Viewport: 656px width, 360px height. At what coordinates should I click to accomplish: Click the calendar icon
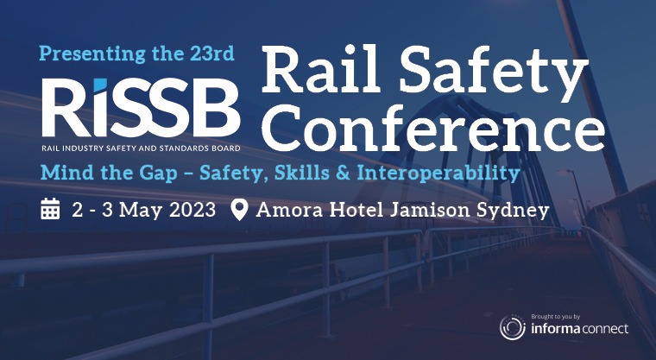(50, 209)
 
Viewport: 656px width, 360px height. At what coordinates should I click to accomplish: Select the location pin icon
(240, 210)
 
